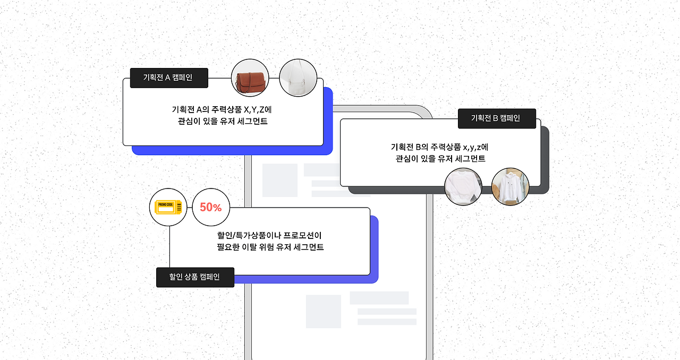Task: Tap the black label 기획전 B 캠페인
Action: [497, 118]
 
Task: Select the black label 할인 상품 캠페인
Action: [195, 277]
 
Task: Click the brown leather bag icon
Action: [250, 78]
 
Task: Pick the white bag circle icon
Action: [298, 78]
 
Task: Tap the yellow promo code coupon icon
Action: [168, 208]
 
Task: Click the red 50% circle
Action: [211, 208]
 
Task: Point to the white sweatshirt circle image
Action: [463, 186]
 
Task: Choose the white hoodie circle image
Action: [511, 186]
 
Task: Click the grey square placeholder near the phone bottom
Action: [323, 311]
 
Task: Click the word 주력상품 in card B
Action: [445, 147]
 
